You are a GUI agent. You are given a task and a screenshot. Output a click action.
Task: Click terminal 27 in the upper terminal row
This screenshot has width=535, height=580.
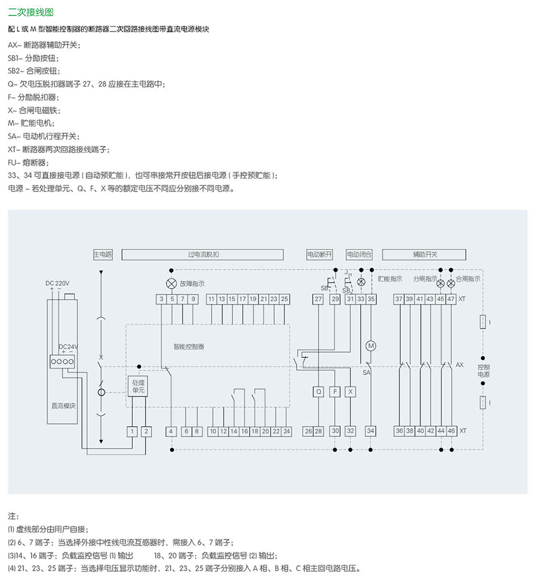point(318,299)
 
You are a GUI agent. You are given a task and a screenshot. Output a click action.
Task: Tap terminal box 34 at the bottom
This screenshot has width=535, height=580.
point(371,431)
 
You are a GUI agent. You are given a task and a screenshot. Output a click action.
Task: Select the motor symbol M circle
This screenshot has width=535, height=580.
point(371,346)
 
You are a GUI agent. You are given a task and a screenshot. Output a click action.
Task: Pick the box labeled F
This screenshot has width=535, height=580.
point(335,392)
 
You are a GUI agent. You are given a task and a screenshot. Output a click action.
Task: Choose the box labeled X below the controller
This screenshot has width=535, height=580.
point(351,392)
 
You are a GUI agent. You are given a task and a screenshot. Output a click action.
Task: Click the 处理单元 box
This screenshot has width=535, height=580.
point(138,387)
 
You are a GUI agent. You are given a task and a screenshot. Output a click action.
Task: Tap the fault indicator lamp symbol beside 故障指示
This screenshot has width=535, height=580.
point(171,283)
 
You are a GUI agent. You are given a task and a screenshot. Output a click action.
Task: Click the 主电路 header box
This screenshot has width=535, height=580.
point(103,255)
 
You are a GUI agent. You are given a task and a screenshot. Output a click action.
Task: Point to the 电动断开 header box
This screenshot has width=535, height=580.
point(319,255)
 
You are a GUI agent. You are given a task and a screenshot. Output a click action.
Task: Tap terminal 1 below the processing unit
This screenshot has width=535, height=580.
point(133,431)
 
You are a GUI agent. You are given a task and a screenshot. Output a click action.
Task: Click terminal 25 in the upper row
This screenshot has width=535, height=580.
point(284,299)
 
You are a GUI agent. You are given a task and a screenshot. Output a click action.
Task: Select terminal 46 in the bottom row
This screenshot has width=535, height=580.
point(451,431)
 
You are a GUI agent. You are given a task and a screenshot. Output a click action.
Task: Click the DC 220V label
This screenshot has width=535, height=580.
point(58,283)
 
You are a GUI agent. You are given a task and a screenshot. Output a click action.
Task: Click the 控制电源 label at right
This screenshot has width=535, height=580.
point(484,371)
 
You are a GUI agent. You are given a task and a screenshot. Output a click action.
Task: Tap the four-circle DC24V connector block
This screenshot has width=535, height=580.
point(62,361)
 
